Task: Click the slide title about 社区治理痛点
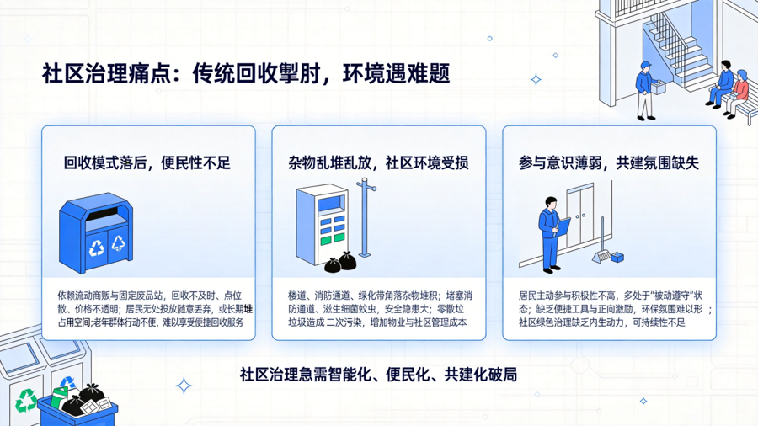246,74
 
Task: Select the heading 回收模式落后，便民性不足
147,163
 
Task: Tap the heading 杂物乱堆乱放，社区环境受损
378,163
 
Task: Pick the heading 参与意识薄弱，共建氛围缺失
609,163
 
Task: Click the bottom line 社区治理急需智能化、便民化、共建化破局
378,375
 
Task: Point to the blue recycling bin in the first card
96,233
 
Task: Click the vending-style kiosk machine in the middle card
322,225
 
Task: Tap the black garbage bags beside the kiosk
340,263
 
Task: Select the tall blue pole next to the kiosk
365,217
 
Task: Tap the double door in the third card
580,217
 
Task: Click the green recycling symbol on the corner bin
25,400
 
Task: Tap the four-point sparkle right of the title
536,80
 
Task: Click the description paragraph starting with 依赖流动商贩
155,309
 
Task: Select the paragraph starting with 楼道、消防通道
380,309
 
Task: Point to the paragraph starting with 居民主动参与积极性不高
615,309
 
